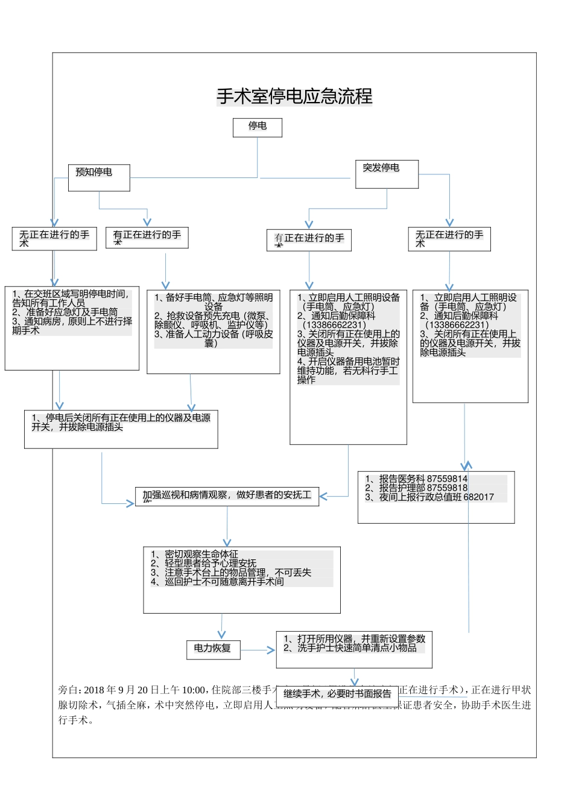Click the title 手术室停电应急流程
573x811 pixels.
point(294,97)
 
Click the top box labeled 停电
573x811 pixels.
point(258,127)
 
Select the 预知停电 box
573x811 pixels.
point(99,177)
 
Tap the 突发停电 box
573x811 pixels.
point(387,173)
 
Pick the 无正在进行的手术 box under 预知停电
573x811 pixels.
point(54,238)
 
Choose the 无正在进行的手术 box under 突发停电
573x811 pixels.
point(449,239)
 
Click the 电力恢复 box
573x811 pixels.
point(213,649)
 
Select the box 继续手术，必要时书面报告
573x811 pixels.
point(337,694)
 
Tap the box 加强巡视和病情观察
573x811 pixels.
point(227,495)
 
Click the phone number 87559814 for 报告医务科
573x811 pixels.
point(447,479)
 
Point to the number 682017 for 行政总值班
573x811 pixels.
point(478,497)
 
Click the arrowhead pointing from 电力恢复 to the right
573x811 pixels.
point(271,650)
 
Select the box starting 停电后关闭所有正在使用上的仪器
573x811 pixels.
point(121,429)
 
